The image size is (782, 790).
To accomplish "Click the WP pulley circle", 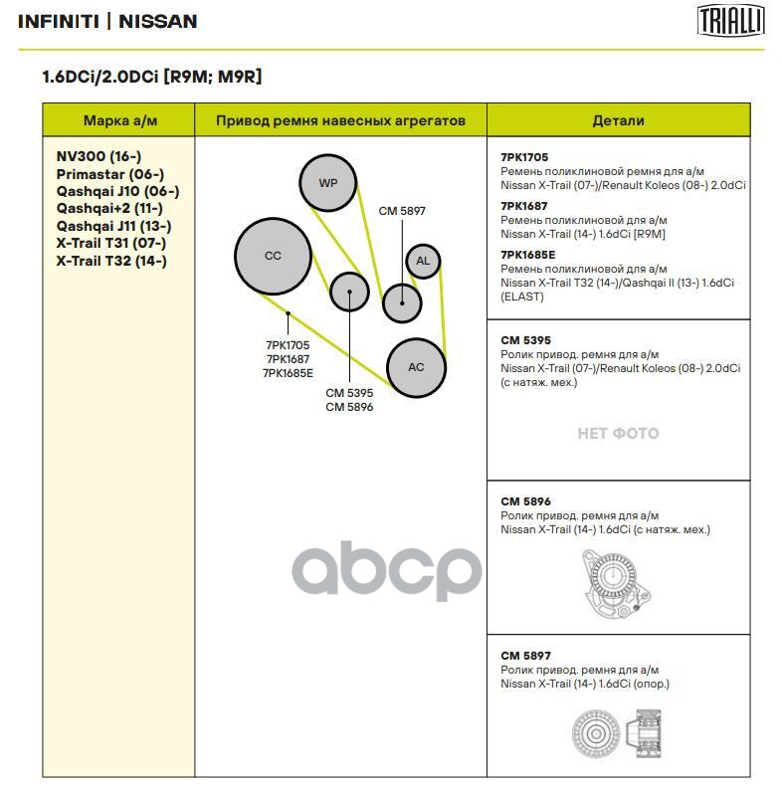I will tap(328, 183).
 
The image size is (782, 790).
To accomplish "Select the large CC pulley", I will tap(273, 256).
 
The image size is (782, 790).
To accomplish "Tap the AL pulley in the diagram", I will tap(423, 261).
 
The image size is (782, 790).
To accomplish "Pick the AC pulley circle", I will tap(416, 367).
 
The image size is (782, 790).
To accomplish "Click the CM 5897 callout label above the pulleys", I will tap(402, 211).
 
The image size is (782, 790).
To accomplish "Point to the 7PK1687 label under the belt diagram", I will tap(288, 359).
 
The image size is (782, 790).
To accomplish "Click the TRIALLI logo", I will tap(730, 20).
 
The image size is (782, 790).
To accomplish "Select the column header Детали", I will tap(618, 120).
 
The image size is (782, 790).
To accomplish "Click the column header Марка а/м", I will tap(119, 120).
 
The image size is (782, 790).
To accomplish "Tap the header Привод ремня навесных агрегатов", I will tap(341, 120).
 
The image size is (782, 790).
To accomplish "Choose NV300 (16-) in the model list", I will tap(98, 156).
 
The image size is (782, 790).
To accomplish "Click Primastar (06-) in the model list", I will tap(109, 174).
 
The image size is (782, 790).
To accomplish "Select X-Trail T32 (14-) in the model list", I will tap(111, 261).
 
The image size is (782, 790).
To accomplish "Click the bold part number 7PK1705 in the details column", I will tap(524, 157).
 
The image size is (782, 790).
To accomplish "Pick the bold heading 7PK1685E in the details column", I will tap(528, 255).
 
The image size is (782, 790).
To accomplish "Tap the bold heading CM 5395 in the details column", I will tap(525, 340).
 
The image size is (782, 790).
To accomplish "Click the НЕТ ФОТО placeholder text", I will tap(618, 433).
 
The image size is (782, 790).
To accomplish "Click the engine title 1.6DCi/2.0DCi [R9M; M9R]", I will tap(151, 77).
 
